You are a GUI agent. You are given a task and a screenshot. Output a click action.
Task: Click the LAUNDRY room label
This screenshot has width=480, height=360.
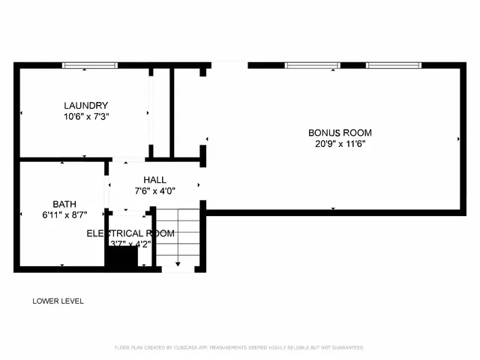click(x=86, y=106)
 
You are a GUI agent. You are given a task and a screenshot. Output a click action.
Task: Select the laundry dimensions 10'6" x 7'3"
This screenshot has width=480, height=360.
click(x=86, y=117)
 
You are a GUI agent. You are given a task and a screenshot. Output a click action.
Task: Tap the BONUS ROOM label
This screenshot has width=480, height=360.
click(x=340, y=133)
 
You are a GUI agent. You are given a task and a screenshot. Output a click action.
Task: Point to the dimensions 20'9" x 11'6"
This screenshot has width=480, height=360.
click(x=340, y=145)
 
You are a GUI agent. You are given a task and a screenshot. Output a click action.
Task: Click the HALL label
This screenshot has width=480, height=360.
click(x=155, y=180)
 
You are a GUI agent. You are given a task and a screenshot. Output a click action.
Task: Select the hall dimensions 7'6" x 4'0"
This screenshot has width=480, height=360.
click(x=155, y=190)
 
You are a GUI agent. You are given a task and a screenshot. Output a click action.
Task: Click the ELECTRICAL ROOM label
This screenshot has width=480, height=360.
click(x=130, y=233)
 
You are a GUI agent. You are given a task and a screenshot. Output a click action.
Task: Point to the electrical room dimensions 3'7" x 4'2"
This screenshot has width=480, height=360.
click(x=130, y=243)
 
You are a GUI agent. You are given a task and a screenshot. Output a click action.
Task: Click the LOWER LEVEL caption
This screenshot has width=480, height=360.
click(x=58, y=301)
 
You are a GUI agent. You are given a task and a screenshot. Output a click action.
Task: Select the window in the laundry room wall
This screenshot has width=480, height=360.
click(x=90, y=65)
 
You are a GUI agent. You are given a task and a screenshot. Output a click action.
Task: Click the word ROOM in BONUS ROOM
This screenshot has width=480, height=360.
click(x=358, y=133)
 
